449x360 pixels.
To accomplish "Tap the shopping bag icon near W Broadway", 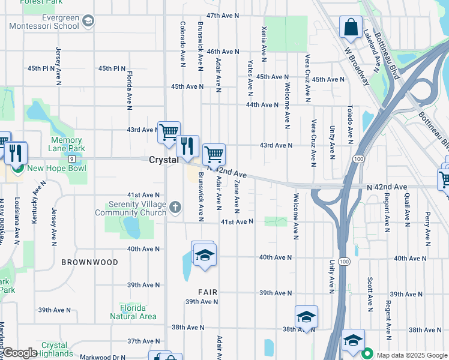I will (351, 28).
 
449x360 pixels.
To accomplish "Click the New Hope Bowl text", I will (52, 169).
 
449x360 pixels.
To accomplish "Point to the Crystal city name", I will (163, 160).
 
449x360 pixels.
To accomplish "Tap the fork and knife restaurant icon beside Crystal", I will (187, 145).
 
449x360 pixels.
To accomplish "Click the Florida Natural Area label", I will (133, 313).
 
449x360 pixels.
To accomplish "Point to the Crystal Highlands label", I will (55, 349).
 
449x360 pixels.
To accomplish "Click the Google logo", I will (20, 353).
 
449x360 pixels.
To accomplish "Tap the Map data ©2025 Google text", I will (411, 355).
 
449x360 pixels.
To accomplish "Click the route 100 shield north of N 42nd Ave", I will (358, 158).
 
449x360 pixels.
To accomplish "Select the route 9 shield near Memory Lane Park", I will (71, 158).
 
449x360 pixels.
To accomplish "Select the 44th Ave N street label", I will (262, 104).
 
